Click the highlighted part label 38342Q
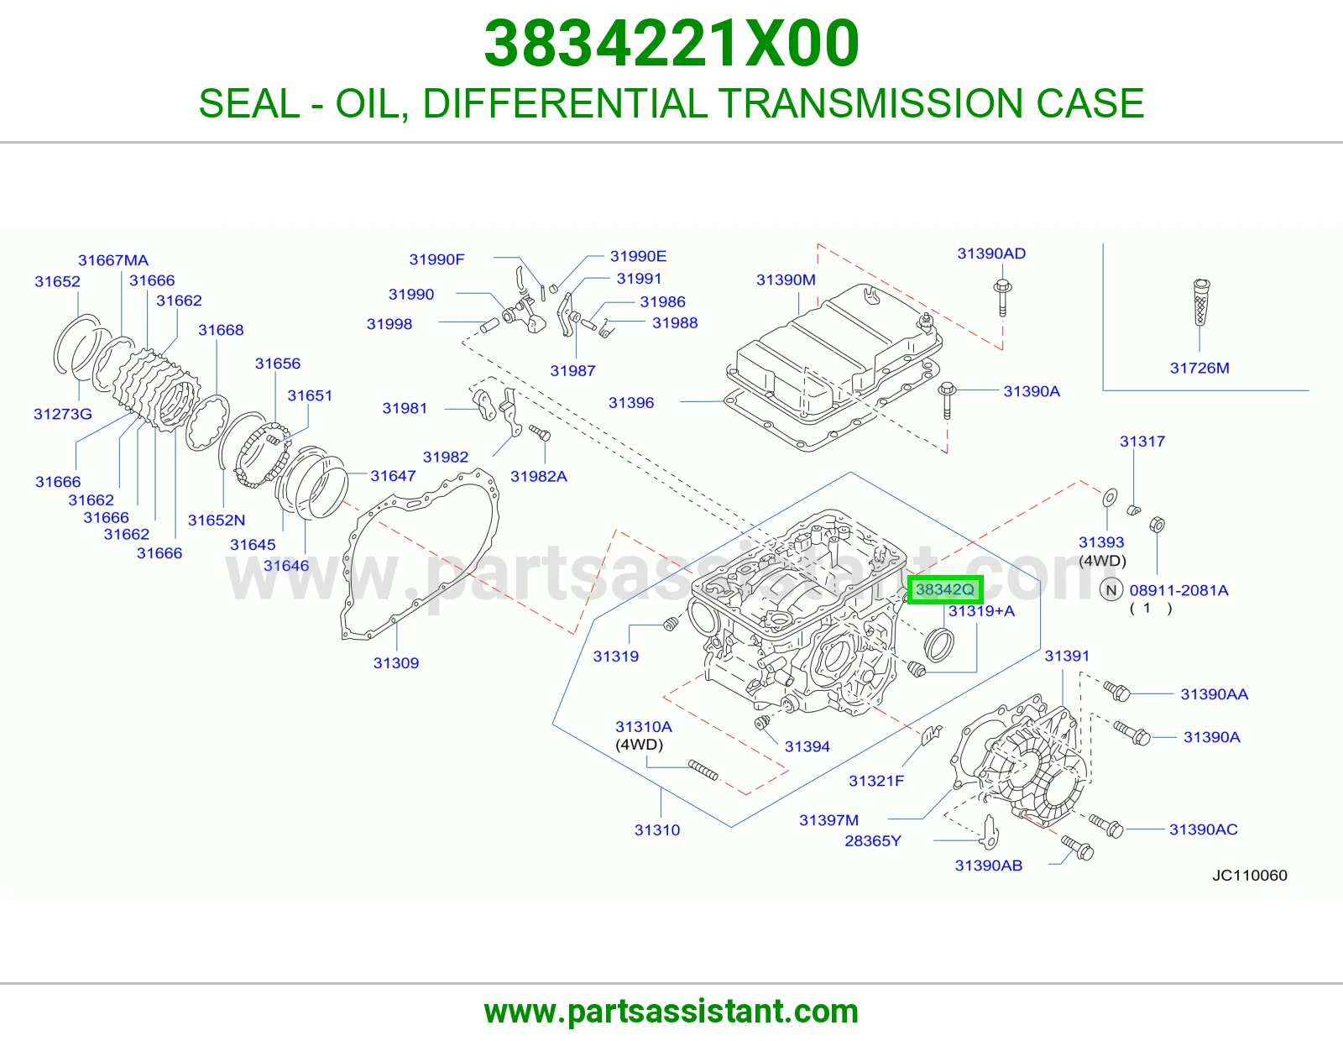(945, 589)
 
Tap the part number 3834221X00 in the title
(671, 43)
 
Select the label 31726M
(1199, 369)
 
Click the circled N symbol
(1111, 590)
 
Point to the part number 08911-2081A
(1178, 590)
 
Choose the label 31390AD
(991, 254)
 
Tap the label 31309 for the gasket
(396, 663)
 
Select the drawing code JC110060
(1250, 876)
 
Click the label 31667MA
(113, 260)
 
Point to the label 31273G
(63, 414)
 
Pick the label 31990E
(639, 256)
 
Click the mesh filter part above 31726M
(1201, 302)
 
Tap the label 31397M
(828, 820)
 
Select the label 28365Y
(873, 840)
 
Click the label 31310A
(643, 726)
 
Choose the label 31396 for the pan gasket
(631, 403)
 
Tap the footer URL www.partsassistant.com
(671, 1012)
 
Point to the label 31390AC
(1204, 829)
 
